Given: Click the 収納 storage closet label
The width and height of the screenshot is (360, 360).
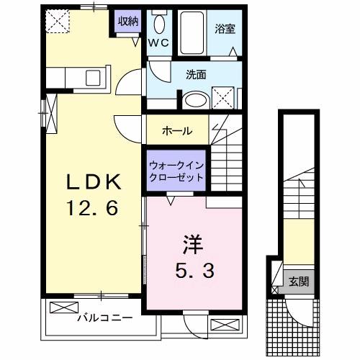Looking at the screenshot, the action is [128, 22].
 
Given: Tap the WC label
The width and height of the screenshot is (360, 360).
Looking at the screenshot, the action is [158, 43].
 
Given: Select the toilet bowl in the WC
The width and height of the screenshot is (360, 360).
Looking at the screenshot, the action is [159, 24].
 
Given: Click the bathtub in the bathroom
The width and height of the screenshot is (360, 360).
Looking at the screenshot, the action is [192, 33].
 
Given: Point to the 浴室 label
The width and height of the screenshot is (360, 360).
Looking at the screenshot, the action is [225, 29].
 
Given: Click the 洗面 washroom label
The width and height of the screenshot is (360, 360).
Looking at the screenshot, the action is [196, 75].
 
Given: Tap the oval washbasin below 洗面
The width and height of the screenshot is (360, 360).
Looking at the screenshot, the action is [196, 101].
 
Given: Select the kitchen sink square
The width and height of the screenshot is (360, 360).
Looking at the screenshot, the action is [93, 78].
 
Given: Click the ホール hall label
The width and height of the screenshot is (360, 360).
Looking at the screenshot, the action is [177, 131].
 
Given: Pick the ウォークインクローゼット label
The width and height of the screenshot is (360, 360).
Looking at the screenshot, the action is [176, 171].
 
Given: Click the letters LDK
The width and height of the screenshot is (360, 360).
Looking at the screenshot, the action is [94, 182].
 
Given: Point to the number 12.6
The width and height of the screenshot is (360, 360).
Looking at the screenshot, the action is [92, 207].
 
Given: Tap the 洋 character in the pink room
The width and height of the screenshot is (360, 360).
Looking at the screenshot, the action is [193, 245].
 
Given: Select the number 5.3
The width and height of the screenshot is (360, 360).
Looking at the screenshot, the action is [195, 270].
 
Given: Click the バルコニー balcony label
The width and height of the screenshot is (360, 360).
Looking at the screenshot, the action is [105, 318].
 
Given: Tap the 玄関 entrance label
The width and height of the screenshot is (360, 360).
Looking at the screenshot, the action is [299, 282].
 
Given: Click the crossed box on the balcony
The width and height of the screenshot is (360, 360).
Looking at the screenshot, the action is [64, 307].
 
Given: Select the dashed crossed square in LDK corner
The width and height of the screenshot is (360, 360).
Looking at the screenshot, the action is [58, 21].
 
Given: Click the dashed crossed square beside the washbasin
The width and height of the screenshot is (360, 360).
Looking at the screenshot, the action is [223, 98].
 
